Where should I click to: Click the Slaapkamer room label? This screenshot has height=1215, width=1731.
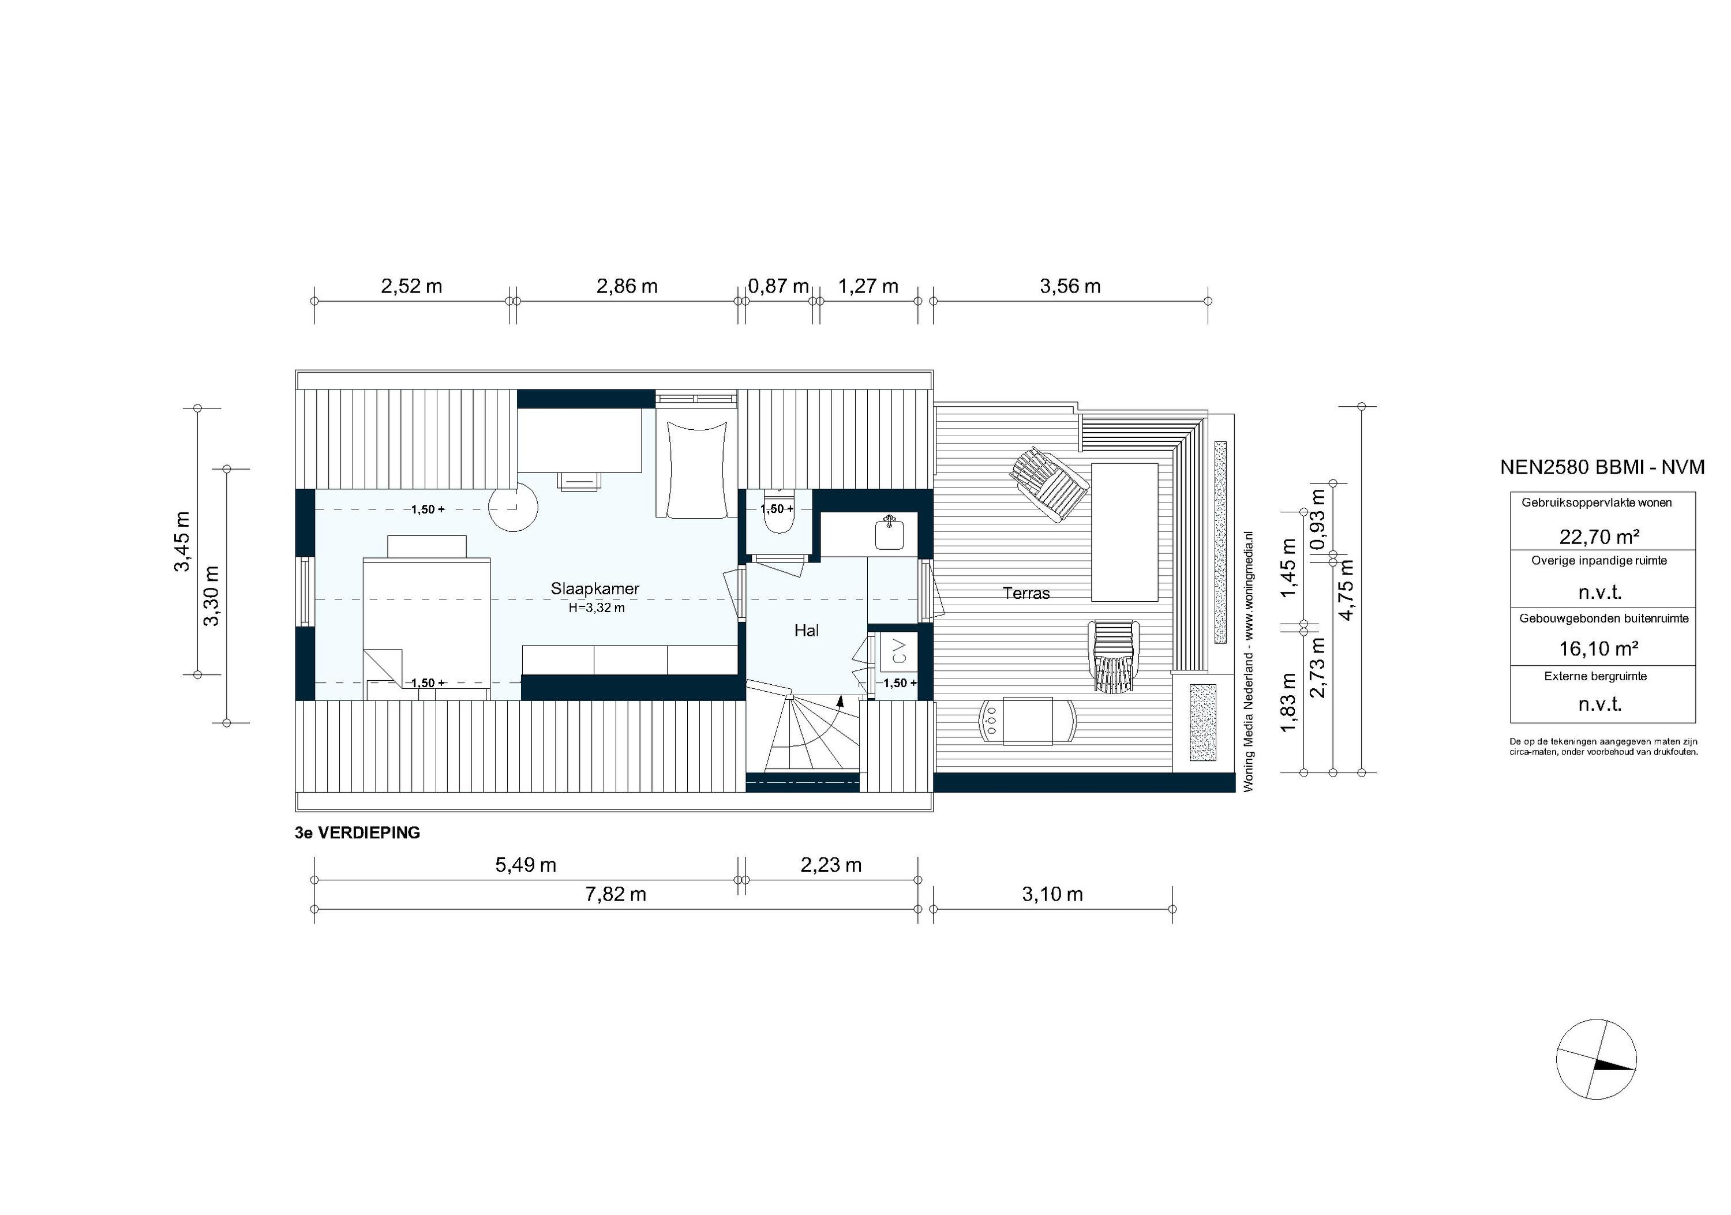(x=595, y=588)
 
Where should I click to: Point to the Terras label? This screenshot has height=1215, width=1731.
(x=1026, y=593)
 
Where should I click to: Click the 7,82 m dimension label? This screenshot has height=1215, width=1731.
(x=616, y=895)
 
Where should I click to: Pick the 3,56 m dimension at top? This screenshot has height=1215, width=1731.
(x=1070, y=286)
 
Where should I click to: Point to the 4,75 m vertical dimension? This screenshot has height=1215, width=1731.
(x=1346, y=590)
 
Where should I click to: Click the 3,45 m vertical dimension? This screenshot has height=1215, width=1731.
(x=182, y=541)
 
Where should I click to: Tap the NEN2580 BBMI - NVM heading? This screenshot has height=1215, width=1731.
(x=1602, y=467)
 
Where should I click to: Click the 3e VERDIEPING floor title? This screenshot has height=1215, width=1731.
(x=357, y=833)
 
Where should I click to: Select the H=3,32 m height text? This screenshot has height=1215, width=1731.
(x=597, y=607)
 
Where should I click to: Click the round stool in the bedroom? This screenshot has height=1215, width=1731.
(x=514, y=507)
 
